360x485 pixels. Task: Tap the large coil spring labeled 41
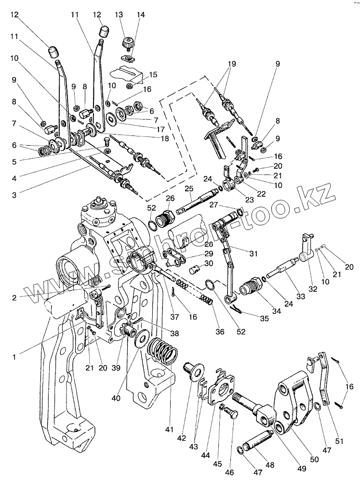(162, 351)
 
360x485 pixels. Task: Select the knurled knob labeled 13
(128, 42)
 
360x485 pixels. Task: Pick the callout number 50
(314, 459)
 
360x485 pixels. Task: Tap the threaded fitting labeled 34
(250, 288)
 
